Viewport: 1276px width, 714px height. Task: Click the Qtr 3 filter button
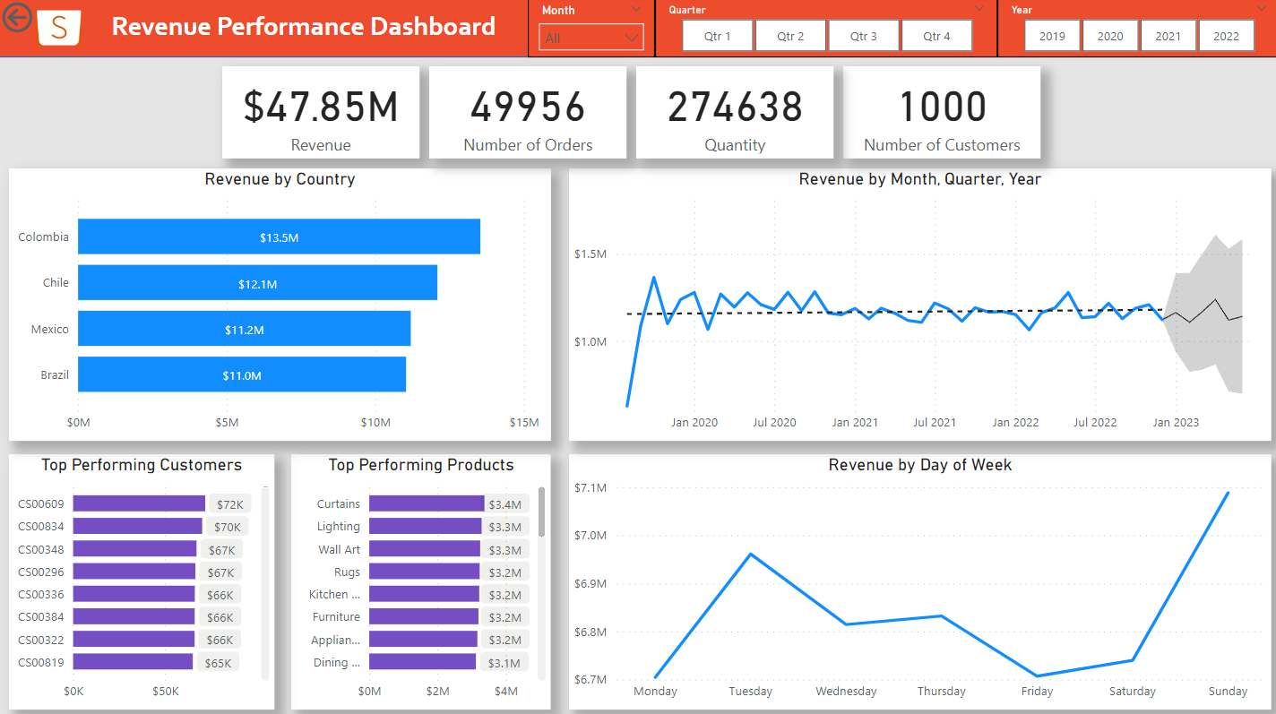point(864,36)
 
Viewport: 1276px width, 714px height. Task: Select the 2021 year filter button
point(1168,36)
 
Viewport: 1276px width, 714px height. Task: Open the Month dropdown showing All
point(591,38)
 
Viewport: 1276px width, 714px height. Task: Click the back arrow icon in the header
point(17,17)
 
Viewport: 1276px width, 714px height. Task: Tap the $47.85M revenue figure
point(321,107)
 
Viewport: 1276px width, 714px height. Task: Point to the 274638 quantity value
point(735,107)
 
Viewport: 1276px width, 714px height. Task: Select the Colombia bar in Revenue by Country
point(279,237)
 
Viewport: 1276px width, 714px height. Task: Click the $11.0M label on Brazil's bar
point(242,375)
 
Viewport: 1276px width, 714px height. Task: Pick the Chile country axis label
point(56,282)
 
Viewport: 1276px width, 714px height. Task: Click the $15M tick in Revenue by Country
point(523,423)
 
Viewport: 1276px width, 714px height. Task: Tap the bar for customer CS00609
point(139,503)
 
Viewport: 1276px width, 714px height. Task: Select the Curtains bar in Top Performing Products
point(427,503)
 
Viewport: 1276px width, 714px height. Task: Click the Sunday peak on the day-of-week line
point(1227,493)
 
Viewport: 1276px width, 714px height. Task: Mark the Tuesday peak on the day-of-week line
point(751,554)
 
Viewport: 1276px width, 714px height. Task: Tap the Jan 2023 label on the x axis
point(1175,422)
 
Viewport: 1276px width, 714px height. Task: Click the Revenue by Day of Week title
point(919,465)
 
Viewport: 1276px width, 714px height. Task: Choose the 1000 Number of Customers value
point(942,107)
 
